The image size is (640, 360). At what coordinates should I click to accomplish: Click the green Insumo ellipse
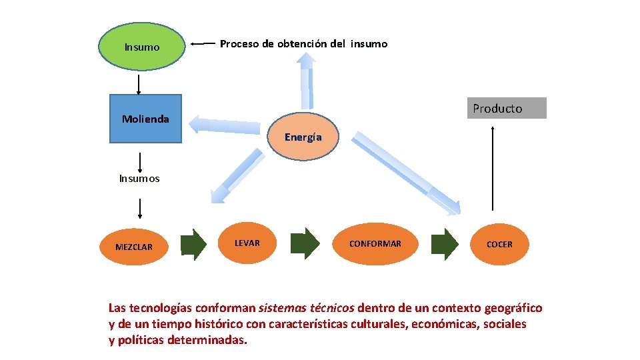pos(141,47)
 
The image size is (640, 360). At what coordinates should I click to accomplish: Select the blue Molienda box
pos(145,119)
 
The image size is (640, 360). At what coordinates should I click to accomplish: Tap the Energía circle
pos(303,137)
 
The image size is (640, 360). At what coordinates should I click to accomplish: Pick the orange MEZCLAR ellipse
pos(134,246)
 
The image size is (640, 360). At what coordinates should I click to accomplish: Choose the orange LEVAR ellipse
pos(247,243)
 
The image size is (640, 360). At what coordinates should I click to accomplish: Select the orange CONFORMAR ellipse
pos(375,243)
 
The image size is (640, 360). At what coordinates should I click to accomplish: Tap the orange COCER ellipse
pos(499,244)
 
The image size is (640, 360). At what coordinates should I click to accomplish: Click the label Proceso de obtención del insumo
pos(303,44)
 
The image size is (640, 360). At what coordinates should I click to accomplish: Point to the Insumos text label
pos(139,179)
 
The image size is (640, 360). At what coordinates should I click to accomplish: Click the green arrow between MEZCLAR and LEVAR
pos(194,245)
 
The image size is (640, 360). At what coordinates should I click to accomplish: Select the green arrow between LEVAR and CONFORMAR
pos(306,244)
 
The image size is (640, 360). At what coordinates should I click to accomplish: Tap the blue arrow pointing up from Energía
pos(306,80)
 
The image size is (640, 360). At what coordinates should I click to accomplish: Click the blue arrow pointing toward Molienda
pos(227,127)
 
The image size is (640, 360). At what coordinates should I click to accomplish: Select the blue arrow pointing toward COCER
pos(407,173)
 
